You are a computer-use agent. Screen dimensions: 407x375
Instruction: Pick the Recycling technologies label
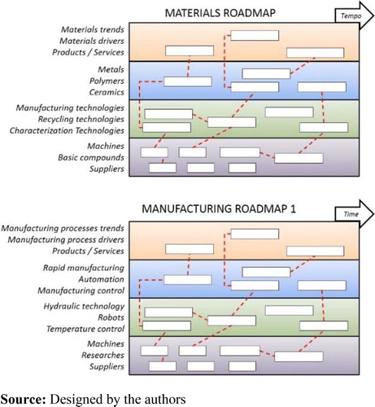tap(81, 119)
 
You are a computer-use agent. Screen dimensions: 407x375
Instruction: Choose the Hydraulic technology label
tap(83, 306)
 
